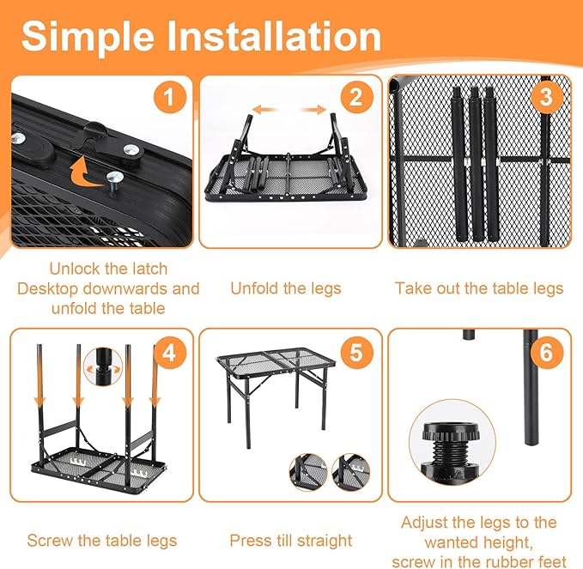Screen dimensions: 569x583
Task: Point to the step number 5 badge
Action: (356, 351)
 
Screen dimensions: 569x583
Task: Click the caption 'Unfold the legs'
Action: (285, 288)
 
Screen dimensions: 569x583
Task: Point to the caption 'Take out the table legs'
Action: (479, 288)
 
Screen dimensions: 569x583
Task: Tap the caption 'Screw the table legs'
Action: (101, 541)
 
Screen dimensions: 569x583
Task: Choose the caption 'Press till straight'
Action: (290, 541)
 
